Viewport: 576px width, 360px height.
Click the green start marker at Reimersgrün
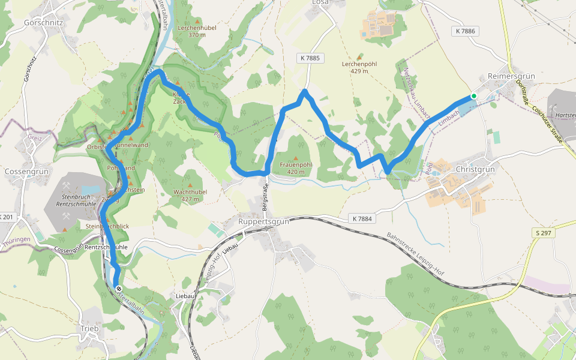tap(473, 96)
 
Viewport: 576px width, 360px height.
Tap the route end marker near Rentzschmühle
tap(118, 288)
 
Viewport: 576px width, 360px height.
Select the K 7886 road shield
tap(465, 31)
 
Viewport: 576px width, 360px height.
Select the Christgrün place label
tap(475, 170)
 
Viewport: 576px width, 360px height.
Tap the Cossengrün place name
tap(22, 171)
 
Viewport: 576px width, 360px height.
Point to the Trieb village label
tap(89, 328)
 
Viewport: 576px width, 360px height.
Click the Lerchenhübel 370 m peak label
tap(197, 31)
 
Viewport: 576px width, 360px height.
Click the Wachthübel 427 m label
tap(190, 195)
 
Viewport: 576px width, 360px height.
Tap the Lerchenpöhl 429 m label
tap(359, 67)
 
